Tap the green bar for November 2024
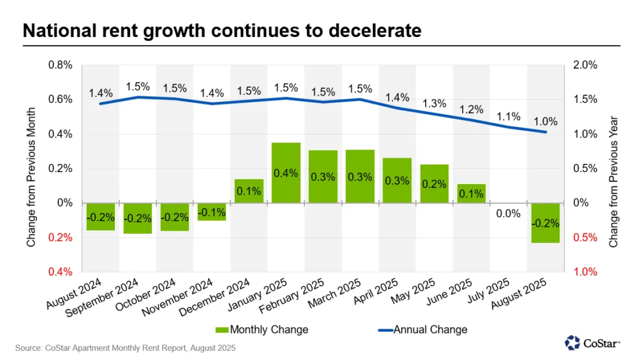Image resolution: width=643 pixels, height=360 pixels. (212, 211)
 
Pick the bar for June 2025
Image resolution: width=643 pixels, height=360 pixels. (471, 194)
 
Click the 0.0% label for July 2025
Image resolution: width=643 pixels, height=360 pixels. (508, 214)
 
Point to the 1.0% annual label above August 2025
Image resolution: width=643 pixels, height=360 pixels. (545, 121)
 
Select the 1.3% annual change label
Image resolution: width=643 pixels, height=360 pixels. (435, 104)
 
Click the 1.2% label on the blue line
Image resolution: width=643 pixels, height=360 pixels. (471, 109)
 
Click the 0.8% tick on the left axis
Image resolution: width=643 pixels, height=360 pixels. (61, 65)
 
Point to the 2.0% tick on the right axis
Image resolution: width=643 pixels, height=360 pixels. (583, 65)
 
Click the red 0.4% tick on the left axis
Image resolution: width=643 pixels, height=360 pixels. (61, 271)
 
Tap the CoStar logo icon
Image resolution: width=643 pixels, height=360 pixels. (573, 342)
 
